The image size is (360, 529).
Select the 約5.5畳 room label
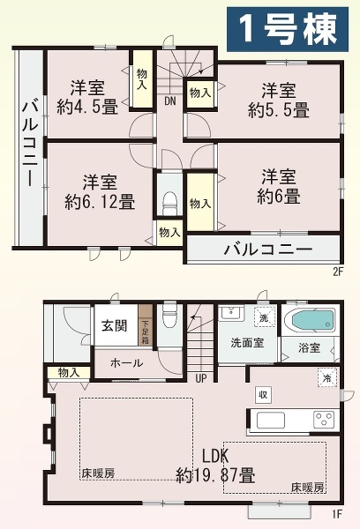coord(278,101)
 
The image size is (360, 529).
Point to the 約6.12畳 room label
coord(100,192)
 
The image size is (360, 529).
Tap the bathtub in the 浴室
coord(315,320)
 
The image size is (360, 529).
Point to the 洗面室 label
coord(247,342)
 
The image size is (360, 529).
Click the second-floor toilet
coord(169,200)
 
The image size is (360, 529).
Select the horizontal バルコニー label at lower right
coord(266,250)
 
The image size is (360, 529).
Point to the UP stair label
coord(201,379)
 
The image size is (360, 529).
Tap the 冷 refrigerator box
coord(326,376)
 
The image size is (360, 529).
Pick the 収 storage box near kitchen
coord(262,393)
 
